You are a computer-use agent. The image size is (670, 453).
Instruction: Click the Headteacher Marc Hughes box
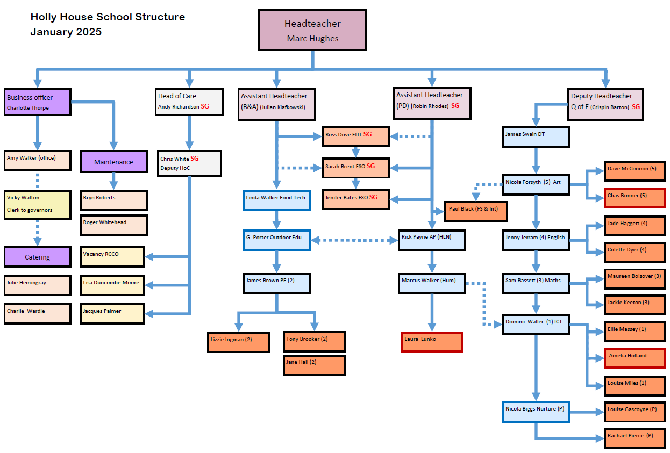point(312,30)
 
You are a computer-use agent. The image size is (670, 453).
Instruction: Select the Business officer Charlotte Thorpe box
point(38,102)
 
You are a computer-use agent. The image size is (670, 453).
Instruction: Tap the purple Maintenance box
point(113,162)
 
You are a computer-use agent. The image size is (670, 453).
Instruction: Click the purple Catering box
point(38,257)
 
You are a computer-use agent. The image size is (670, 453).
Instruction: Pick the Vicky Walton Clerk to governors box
point(38,204)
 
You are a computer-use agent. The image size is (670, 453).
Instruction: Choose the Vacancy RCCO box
point(112,257)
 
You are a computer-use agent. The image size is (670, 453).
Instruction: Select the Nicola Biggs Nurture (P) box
point(536,412)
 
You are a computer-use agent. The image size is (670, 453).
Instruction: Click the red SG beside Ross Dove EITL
point(367,134)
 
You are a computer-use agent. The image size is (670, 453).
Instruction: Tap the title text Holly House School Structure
point(108,17)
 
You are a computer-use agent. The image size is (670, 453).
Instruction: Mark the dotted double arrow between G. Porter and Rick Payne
point(355,240)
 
